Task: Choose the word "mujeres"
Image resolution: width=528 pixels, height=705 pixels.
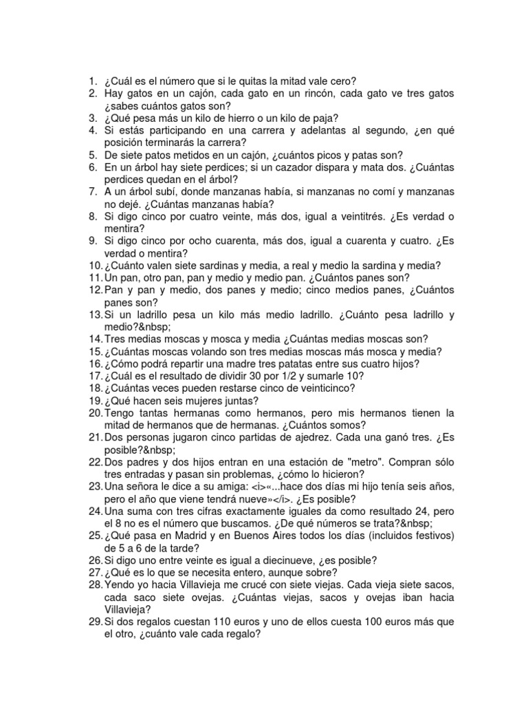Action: pyautogui.click(x=208, y=401)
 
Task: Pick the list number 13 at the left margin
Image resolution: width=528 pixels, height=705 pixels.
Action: pyautogui.click(x=94, y=315)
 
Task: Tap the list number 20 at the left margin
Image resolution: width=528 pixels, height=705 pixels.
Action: pyautogui.click(x=94, y=413)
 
